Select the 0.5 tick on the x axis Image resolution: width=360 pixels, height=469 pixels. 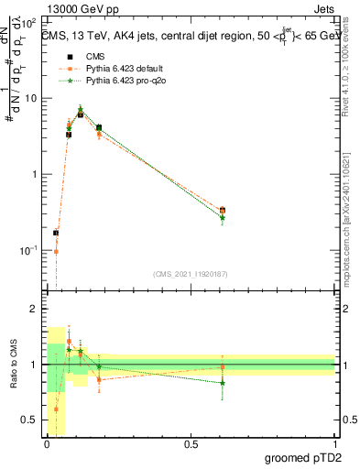pyautogui.click(x=191, y=443)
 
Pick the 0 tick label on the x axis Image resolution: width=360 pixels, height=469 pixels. pyautogui.click(x=47, y=443)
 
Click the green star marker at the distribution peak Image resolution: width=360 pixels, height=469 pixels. pyautogui.click(x=81, y=109)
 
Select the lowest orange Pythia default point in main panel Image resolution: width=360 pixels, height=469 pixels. pyautogui.click(x=56, y=252)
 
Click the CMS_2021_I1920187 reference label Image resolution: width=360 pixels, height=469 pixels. pyautogui.click(x=190, y=274)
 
